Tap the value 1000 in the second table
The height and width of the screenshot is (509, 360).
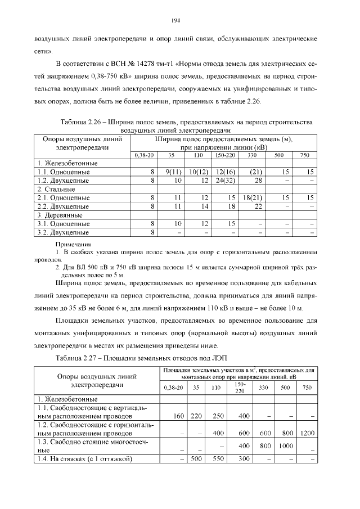tap(285, 445)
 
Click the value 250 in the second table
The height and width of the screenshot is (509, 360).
tap(217, 416)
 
